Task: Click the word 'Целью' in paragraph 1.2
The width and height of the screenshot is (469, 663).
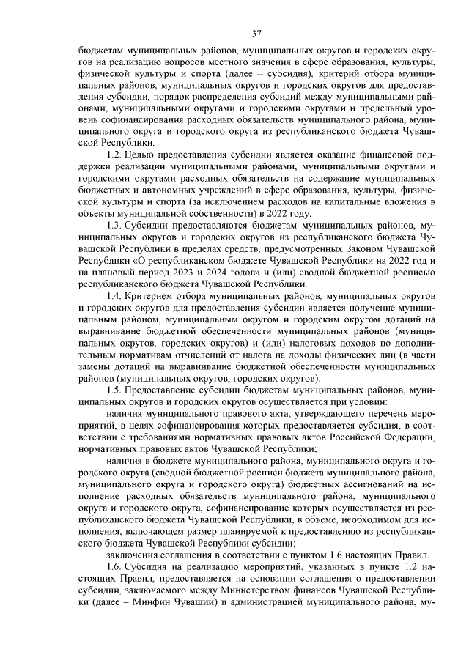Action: click(141, 155)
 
